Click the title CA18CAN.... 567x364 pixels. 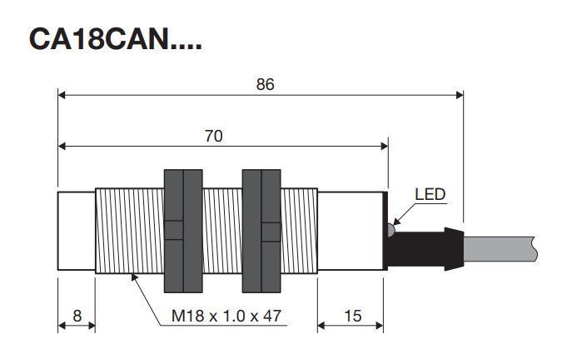point(115,39)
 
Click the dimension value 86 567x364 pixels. point(265,84)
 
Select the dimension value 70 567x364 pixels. point(214,136)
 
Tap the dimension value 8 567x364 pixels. point(77,316)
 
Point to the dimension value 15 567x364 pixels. point(353,316)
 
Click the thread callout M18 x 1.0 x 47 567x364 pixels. point(226,316)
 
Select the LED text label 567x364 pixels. point(430,195)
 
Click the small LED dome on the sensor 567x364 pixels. point(390,230)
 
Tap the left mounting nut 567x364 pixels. point(183,231)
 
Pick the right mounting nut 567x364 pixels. point(261,231)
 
